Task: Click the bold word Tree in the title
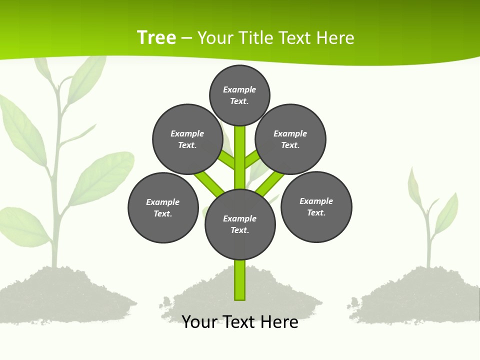[x=156, y=37]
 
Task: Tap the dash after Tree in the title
[x=187, y=38]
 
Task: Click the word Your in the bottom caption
[x=199, y=321]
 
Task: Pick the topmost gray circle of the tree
[x=239, y=95]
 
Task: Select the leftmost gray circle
[x=163, y=207]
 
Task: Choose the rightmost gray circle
[x=316, y=207]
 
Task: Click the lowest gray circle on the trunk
[x=240, y=224]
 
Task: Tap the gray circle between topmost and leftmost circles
[x=187, y=139]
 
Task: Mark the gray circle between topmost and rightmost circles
[x=290, y=139]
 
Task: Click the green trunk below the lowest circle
[x=240, y=280]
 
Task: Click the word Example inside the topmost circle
[x=239, y=89]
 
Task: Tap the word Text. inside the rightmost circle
[x=316, y=212]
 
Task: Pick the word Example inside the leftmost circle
[x=162, y=202]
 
